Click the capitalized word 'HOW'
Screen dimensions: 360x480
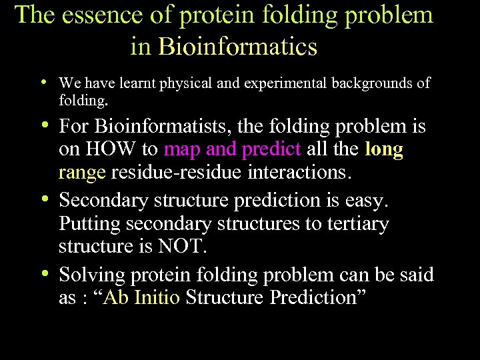click(117, 149)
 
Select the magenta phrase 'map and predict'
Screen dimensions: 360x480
click(233, 149)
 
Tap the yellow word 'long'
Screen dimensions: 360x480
click(384, 149)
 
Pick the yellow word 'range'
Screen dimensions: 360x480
click(82, 173)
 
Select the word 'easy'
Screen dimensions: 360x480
click(383, 200)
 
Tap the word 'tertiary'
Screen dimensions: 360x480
click(357, 223)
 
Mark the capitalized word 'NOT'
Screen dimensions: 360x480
click(181, 247)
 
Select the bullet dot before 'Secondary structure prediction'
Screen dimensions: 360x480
click(43, 199)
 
